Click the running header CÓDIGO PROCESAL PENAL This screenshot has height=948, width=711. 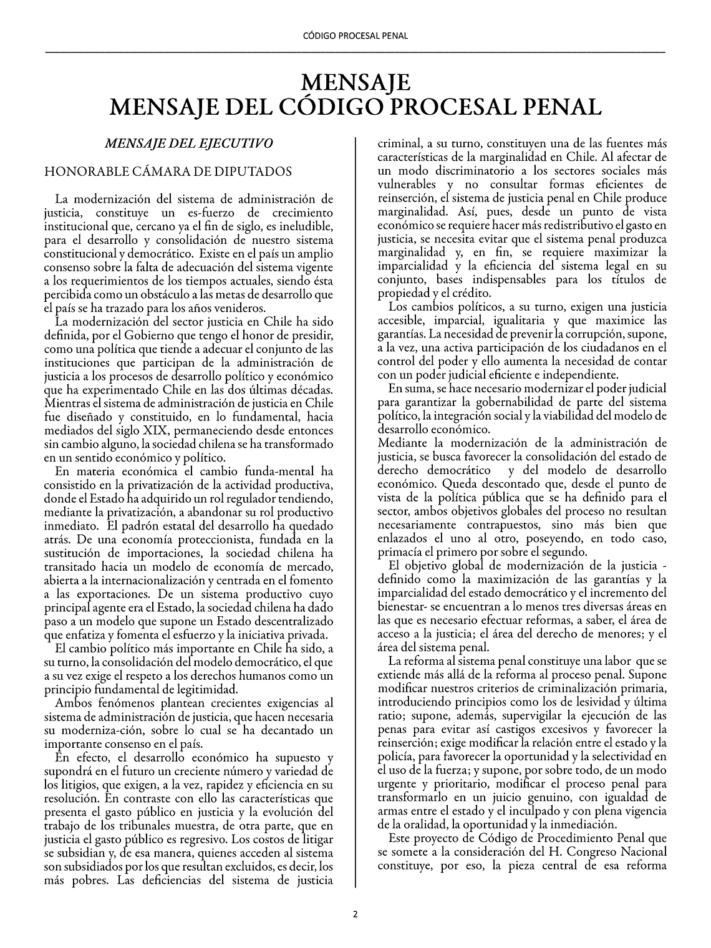(x=355, y=36)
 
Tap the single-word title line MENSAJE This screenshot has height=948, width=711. (x=355, y=83)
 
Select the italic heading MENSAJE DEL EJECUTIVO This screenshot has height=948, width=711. (x=190, y=143)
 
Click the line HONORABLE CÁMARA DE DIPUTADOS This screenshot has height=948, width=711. (x=168, y=172)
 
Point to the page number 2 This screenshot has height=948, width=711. (x=356, y=915)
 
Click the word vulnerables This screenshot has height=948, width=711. (x=406, y=185)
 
